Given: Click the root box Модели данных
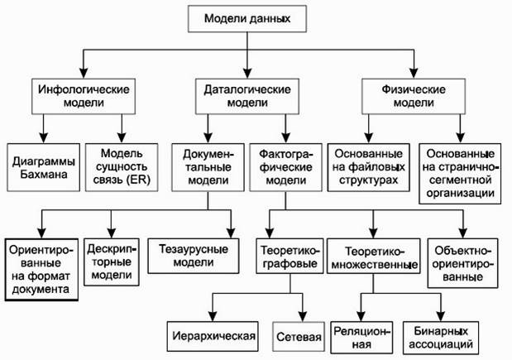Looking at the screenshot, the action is tap(247, 18).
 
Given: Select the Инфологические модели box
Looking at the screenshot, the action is tap(84, 96).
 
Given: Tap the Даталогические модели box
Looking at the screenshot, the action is tap(247, 96).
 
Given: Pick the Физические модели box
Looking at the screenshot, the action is tap(414, 96).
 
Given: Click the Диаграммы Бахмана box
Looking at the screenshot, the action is tap(44, 167).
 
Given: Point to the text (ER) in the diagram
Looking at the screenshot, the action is tap(138, 180).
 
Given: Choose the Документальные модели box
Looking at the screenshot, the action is tap(208, 167).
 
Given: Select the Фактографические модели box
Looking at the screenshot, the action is tap(285, 167).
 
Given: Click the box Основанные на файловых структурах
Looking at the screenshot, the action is tap(369, 167).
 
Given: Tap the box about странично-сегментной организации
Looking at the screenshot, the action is tap(460, 174).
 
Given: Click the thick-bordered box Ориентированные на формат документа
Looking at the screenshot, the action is tap(41, 270).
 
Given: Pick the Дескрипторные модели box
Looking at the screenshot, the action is tap(112, 262).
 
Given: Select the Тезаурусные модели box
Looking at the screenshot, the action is tap(194, 256).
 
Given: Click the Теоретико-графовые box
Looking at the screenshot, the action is tap(289, 256).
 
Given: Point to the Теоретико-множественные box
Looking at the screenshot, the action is tap(374, 256).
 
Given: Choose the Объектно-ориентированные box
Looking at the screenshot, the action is tap(462, 263).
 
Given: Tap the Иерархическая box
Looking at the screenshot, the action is tap(213, 337).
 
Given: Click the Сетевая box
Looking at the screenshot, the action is tap(299, 337).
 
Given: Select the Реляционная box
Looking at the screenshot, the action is tap(361, 338).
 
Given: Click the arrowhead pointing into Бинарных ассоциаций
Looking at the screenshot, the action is tap(441, 316).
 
